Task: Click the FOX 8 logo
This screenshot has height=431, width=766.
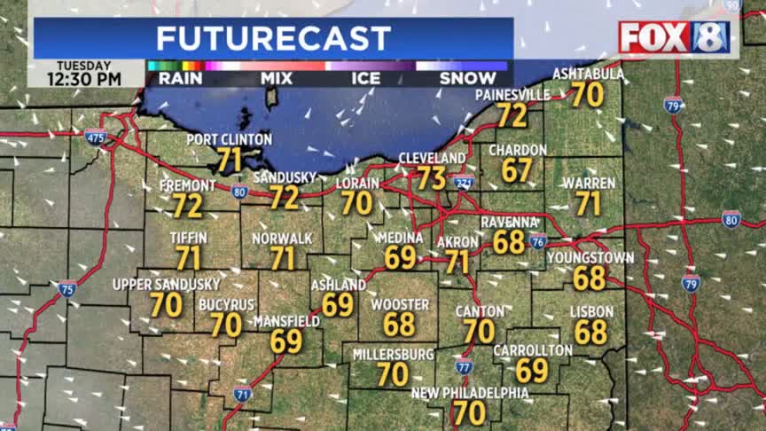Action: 674,37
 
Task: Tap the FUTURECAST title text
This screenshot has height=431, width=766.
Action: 273,38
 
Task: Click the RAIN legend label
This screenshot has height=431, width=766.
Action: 181,79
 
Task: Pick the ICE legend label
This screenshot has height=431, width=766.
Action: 365,79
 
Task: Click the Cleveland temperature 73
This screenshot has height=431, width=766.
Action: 432,177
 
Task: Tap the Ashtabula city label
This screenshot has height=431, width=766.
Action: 588,74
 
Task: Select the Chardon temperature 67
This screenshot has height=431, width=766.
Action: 517,170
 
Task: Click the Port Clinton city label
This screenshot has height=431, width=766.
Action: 229,140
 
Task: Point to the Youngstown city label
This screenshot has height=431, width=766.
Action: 590,258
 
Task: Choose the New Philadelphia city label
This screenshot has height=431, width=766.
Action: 470,393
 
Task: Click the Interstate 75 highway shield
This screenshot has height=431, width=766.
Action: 67,287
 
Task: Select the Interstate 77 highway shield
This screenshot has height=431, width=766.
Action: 464,366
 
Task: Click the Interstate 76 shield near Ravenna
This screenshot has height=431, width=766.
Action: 537,241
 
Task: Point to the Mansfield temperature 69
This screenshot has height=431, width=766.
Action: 286,341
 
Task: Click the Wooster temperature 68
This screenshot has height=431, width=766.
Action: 399,325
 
